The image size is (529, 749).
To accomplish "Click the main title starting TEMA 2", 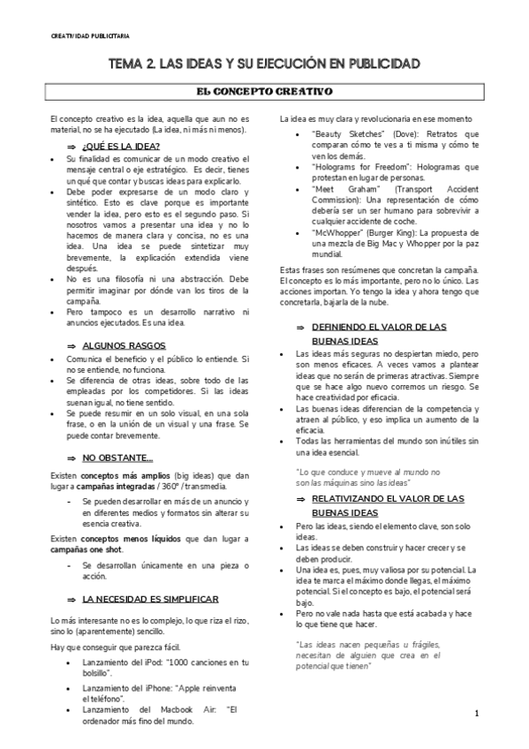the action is [x=263, y=64].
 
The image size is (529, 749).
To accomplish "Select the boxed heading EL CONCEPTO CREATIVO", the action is [x=263, y=91].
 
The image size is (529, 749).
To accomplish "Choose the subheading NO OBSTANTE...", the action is [x=117, y=458].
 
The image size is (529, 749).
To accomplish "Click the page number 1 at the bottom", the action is [x=476, y=713].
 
